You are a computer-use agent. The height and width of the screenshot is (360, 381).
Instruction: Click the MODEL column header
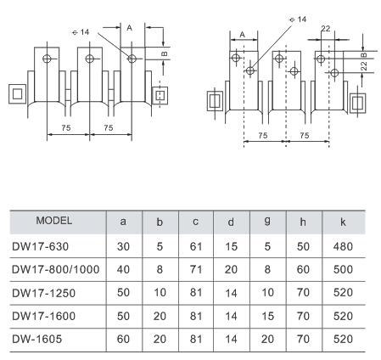(54, 221)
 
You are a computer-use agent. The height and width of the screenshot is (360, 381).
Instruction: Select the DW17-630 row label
(41, 246)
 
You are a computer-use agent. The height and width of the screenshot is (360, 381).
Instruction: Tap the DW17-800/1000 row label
(56, 269)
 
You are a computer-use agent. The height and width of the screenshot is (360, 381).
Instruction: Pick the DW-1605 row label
(37, 339)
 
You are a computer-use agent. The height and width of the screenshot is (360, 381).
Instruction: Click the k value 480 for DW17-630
(343, 246)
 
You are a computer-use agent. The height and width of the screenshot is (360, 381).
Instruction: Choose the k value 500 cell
(343, 269)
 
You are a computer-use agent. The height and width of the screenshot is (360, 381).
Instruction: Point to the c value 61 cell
(196, 246)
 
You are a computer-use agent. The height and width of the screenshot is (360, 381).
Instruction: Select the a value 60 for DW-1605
(123, 339)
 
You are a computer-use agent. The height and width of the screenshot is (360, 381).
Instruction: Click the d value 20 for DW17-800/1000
(231, 269)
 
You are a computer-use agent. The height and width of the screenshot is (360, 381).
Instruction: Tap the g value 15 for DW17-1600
(267, 316)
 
